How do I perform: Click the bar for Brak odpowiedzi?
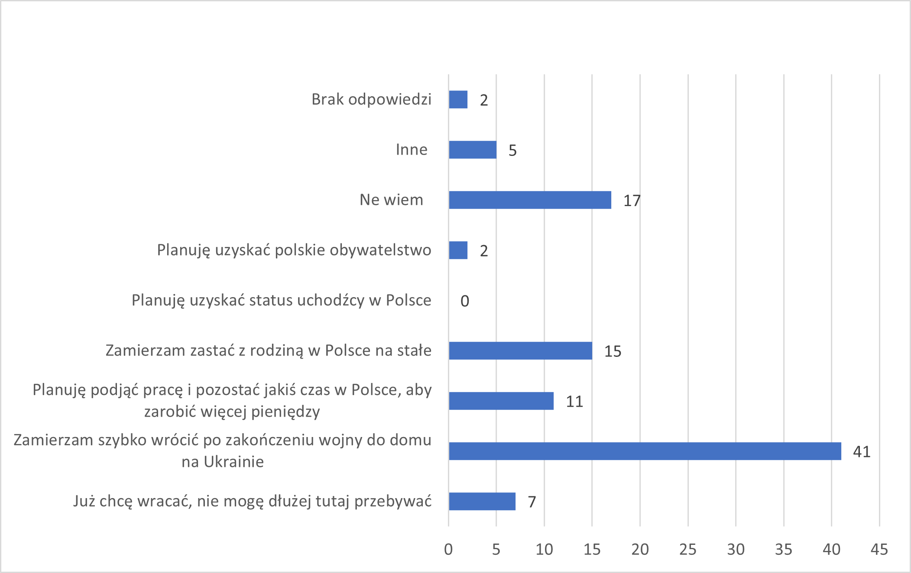pos(458,100)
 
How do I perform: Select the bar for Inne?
pos(473,150)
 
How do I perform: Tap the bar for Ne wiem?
pos(530,200)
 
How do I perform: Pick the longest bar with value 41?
pos(645,451)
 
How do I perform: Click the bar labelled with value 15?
pos(520,351)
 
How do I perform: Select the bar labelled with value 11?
pos(501,401)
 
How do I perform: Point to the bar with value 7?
pos(482,502)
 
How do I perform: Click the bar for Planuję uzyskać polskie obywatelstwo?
pos(458,250)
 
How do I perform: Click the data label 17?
pos(632,201)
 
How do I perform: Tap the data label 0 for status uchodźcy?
pos(465,301)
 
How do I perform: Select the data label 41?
pos(862,452)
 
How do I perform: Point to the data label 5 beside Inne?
pos(512,150)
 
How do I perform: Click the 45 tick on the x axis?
pos(879,550)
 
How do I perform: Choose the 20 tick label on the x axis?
pos(640,550)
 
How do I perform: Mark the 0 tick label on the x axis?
pos(448,550)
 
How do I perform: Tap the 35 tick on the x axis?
pos(783,550)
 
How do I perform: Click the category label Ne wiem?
pos(391,200)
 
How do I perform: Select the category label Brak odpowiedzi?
pos(371,99)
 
